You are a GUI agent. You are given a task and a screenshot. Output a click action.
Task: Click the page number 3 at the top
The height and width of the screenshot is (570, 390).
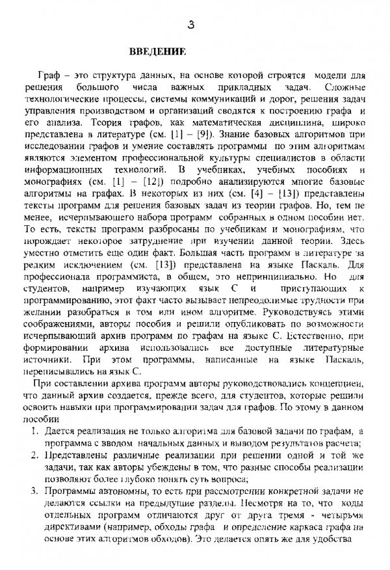coord(190,26)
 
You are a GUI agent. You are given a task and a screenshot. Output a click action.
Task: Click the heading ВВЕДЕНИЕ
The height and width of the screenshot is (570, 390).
coord(158,51)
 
